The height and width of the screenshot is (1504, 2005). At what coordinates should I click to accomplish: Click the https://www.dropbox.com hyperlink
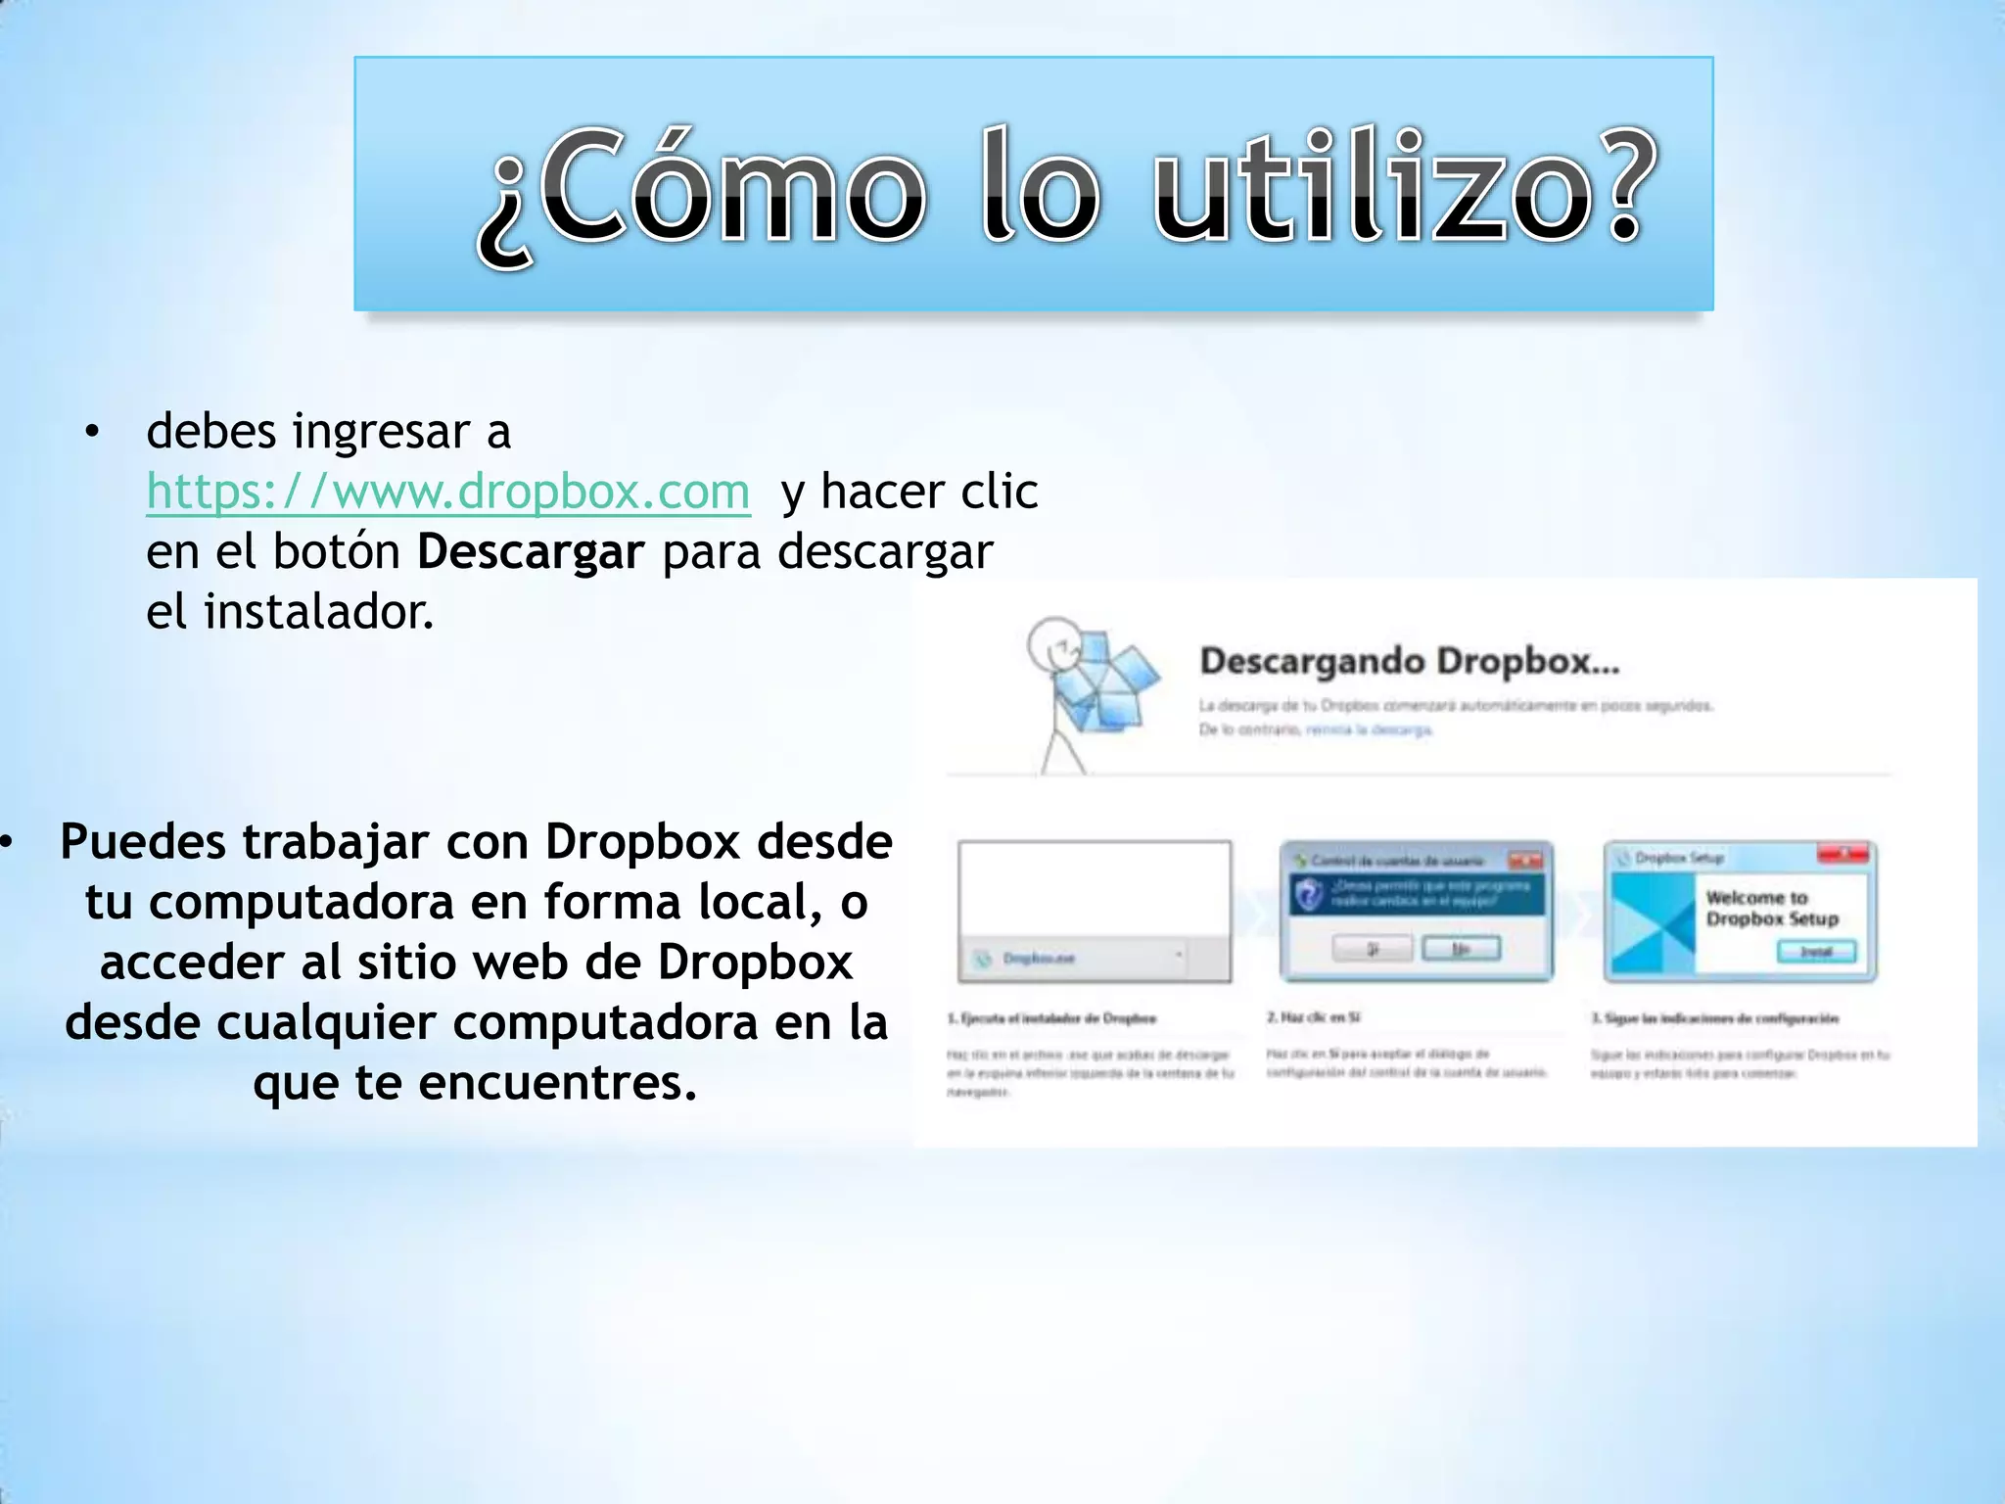coord(447,492)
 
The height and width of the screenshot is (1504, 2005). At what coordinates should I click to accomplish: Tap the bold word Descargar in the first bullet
coord(531,552)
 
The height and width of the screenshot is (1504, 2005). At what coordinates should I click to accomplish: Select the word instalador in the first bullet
coord(317,613)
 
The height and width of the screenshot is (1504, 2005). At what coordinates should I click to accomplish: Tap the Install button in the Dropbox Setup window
coord(1816,952)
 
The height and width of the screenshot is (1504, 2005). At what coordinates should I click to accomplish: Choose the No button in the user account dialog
coord(1461,948)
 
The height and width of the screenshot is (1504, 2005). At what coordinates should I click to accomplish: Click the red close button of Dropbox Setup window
coord(1843,855)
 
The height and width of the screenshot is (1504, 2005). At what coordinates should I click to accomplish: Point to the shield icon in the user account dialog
coord(1310,895)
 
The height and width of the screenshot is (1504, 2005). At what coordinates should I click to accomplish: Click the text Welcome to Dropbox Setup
coord(1771,908)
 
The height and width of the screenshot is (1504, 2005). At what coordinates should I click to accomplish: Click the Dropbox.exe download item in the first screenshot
coord(1038,958)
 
